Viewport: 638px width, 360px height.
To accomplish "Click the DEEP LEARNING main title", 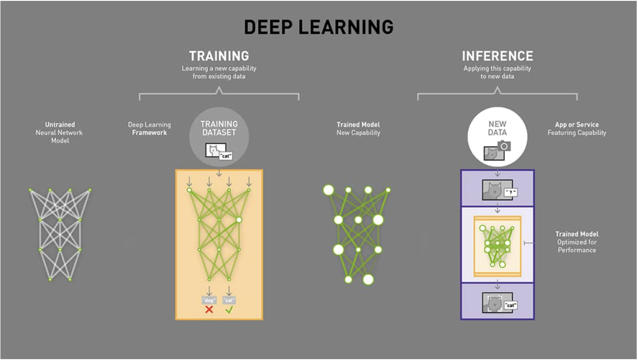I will click(319, 27).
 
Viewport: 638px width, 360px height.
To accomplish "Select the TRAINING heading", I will click(219, 56).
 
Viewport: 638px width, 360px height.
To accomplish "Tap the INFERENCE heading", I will click(497, 56).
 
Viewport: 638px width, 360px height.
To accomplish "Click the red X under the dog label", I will click(209, 310).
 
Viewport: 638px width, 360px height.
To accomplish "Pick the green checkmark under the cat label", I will click(229, 310).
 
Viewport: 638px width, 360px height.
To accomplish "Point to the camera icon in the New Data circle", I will click(503, 146).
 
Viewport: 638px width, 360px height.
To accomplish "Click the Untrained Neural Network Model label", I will click(59, 132).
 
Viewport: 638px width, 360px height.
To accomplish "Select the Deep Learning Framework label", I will click(149, 128).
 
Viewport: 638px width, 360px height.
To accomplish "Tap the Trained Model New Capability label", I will click(358, 128).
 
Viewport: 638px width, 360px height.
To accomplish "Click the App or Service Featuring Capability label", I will click(576, 128).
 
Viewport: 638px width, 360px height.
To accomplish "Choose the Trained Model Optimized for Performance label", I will click(576, 242).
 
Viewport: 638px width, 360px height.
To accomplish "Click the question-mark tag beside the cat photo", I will click(510, 192).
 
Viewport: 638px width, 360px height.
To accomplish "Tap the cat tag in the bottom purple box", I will click(510, 305).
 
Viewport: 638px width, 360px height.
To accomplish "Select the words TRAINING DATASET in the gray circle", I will click(219, 128).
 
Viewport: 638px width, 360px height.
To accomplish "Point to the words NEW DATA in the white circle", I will click(497, 128).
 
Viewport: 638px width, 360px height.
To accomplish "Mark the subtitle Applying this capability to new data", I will click(497, 72).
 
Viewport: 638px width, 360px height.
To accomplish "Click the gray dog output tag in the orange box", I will click(209, 300).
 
